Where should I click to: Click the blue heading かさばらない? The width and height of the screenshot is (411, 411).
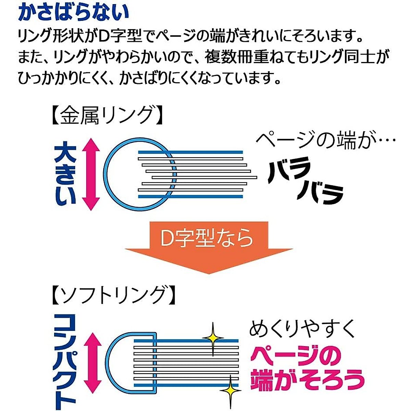pos(73,12)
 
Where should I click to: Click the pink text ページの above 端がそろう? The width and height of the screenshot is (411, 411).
pos(295,355)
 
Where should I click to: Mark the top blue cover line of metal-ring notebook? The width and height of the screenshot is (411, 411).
pos(190,152)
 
